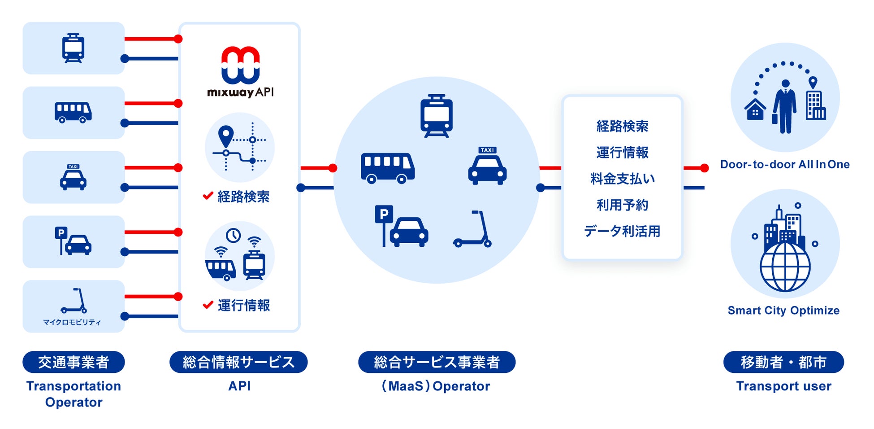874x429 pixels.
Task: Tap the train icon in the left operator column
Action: click(x=73, y=48)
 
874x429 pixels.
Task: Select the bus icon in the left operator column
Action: click(x=73, y=112)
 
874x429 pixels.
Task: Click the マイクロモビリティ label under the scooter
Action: click(x=72, y=322)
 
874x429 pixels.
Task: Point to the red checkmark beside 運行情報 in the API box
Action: click(x=208, y=305)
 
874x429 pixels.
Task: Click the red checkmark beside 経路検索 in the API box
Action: click(x=208, y=196)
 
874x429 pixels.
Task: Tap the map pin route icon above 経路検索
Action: click(x=239, y=147)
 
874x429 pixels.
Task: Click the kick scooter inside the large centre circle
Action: click(x=473, y=229)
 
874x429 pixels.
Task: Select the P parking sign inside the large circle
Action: click(x=384, y=214)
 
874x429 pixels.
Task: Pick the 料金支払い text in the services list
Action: click(x=622, y=179)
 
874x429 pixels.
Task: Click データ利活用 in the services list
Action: click(x=622, y=231)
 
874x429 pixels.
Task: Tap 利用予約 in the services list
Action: click(x=622, y=205)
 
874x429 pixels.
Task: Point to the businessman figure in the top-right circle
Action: click(x=785, y=106)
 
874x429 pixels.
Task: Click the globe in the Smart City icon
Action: click(x=785, y=267)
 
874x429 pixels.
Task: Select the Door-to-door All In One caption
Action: click(x=785, y=164)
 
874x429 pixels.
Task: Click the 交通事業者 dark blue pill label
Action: click(x=74, y=362)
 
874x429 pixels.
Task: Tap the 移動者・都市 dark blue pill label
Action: click(x=783, y=362)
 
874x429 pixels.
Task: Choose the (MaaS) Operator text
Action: click(x=436, y=386)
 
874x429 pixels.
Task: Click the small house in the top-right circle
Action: click(x=755, y=109)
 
